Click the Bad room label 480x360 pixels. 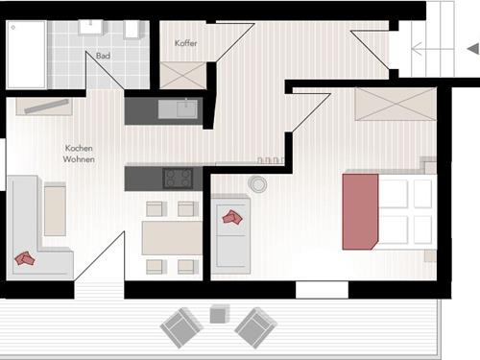point(103,56)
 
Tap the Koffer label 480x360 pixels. point(185,43)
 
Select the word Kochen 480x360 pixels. point(79,148)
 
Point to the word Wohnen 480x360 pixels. point(79,159)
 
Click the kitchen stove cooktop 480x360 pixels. point(178,179)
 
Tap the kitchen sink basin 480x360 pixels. point(178,108)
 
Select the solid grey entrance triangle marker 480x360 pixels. point(473,49)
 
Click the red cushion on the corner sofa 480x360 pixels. point(25,258)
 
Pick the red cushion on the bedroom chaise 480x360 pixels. point(232,217)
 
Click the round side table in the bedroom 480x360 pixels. point(257,184)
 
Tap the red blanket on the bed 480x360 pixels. point(360,211)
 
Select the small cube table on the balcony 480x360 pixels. point(220,314)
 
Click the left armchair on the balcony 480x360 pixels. point(180,327)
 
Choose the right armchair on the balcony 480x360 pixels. point(255,327)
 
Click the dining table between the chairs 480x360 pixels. point(172,238)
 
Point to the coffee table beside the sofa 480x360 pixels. point(55,209)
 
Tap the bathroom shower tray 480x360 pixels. point(27,55)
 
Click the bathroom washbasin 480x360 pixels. point(91,27)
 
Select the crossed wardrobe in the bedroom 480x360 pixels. point(396,105)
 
